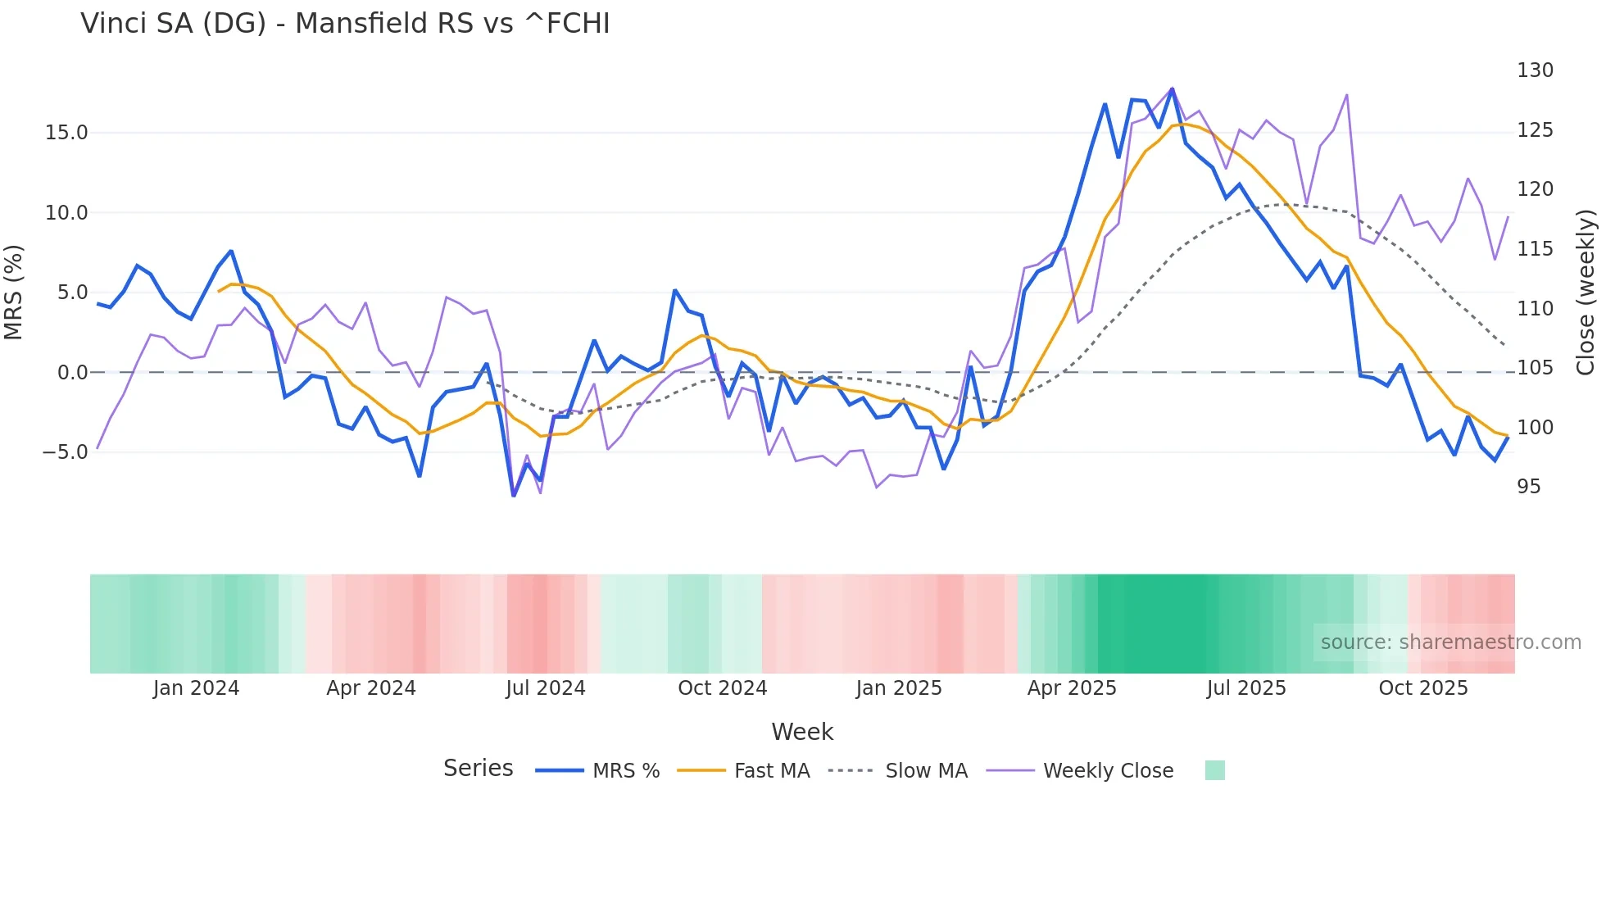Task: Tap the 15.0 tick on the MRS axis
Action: pyautogui.click(x=66, y=133)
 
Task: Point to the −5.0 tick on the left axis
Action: pyautogui.click(x=64, y=452)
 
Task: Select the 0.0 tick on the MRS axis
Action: pyautogui.click(x=72, y=373)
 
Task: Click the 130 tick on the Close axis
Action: pyautogui.click(x=1535, y=70)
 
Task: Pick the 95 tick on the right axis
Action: pyautogui.click(x=1528, y=487)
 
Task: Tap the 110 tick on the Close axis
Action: pyautogui.click(x=1535, y=309)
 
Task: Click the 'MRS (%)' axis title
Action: pyautogui.click(x=14, y=292)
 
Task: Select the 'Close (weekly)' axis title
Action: pyautogui.click(x=1586, y=293)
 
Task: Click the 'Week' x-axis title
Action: pyautogui.click(x=802, y=732)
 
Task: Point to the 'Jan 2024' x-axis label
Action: pyautogui.click(x=196, y=688)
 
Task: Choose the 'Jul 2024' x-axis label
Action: pyautogui.click(x=546, y=688)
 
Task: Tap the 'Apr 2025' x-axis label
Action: pyautogui.click(x=1072, y=688)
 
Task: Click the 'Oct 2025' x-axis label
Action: pyautogui.click(x=1423, y=688)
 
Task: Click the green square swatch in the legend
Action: pyautogui.click(x=1215, y=770)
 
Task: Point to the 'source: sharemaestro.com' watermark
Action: pyautogui.click(x=1450, y=642)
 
